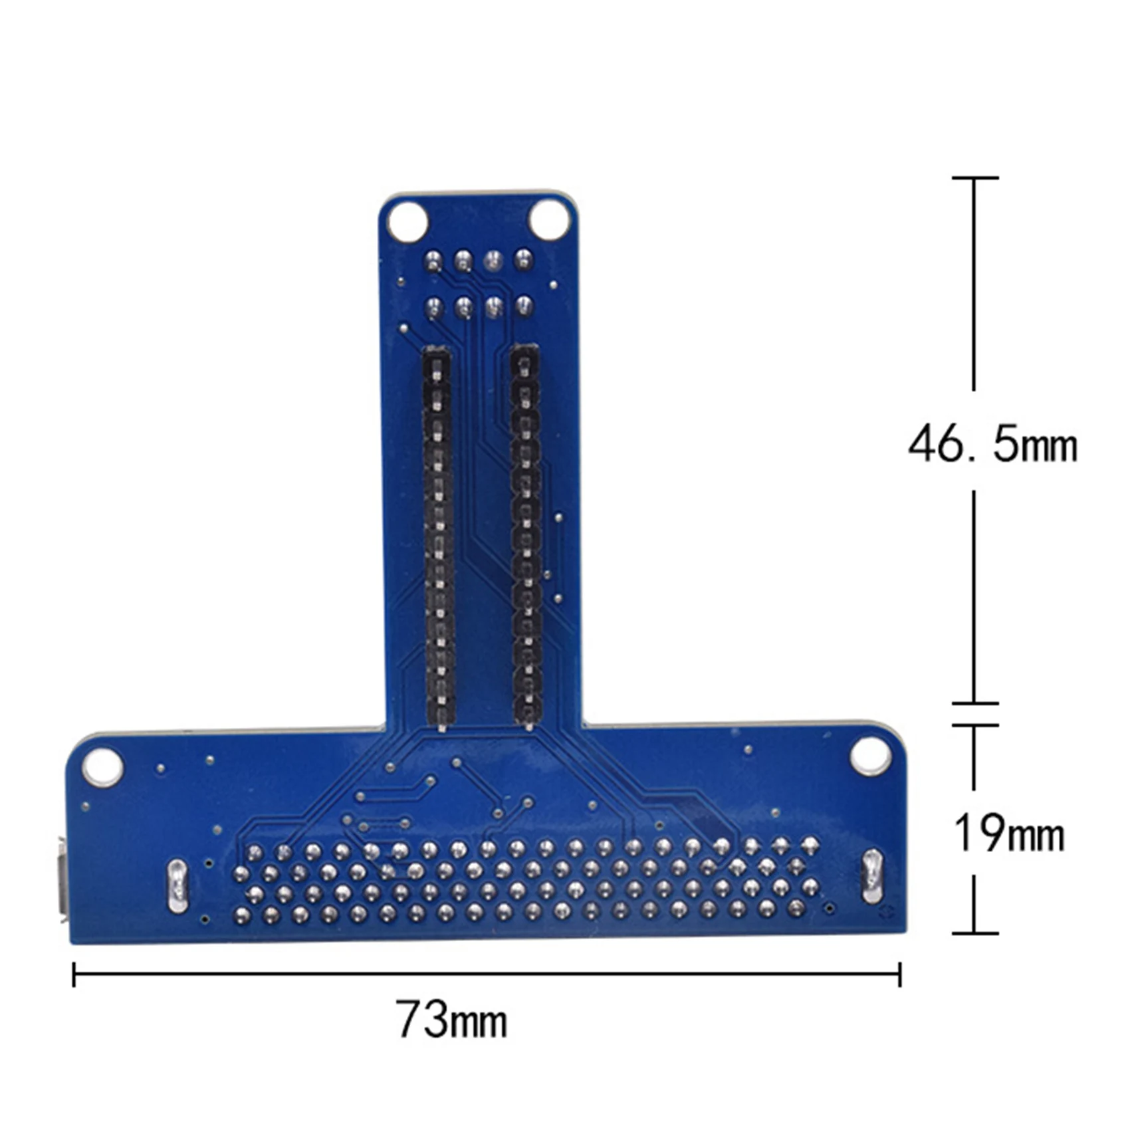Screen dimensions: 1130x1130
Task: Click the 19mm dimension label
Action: click(x=1008, y=834)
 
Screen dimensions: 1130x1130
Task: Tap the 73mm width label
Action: click(x=452, y=1019)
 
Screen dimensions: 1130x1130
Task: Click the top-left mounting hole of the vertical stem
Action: click(x=407, y=222)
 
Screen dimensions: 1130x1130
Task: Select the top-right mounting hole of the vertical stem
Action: click(x=549, y=220)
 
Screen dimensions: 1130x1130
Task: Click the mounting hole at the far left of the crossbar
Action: click(x=102, y=766)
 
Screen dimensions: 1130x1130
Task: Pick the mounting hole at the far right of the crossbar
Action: click(x=870, y=756)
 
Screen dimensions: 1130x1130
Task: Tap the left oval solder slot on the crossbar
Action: click(x=177, y=885)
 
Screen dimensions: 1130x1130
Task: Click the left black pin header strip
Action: click(x=438, y=538)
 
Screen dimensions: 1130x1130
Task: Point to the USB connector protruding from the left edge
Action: click(x=62, y=881)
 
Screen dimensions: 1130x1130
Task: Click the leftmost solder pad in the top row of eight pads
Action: click(x=433, y=261)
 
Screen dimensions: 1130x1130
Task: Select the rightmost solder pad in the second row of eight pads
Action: click(x=524, y=306)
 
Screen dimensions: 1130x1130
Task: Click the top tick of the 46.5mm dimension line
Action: click(x=974, y=178)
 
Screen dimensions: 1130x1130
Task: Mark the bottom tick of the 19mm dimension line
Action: click(x=974, y=933)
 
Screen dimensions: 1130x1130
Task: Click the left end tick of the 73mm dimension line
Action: click(x=74, y=974)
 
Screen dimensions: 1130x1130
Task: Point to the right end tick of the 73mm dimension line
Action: click(x=899, y=974)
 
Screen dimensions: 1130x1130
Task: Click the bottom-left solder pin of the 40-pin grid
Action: click(x=242, y=917)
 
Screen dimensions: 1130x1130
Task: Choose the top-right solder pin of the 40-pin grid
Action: click(x=809, y=845)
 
